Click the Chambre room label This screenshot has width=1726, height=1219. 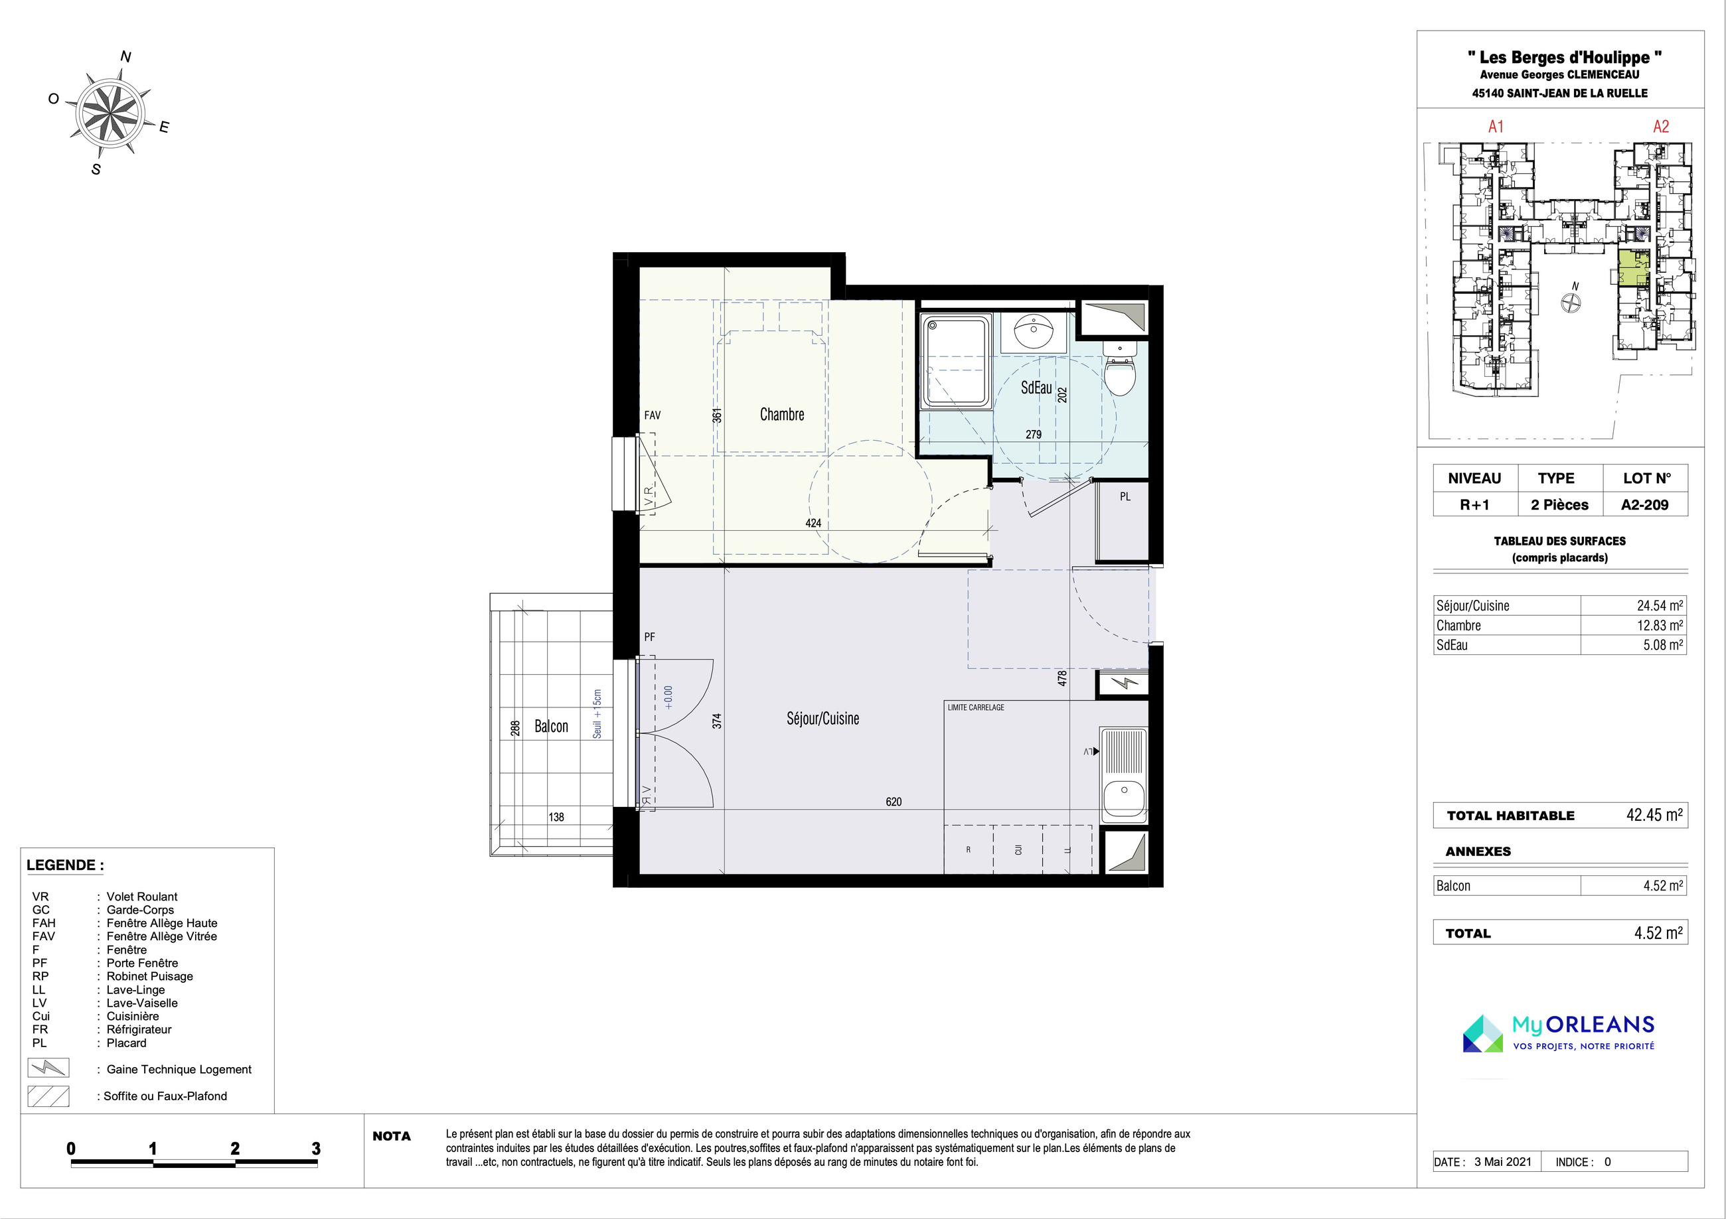pos(782,414)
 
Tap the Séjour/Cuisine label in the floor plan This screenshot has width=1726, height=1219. pos(823,719)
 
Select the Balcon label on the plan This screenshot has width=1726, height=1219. pos(551,726)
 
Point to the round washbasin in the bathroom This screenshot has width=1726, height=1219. pos(1033,330)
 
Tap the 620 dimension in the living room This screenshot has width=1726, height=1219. pos(893,802)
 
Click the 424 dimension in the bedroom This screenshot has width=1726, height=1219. pos(813,523)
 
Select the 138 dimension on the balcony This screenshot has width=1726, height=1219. pos(556,817)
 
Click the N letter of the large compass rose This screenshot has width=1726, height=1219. pos(126,56)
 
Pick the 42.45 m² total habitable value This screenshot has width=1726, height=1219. pos(1654,815)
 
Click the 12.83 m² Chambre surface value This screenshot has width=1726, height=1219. pos(1660,625)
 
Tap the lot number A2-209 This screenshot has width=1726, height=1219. pos(1645,505)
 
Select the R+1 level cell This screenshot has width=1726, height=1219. pos(1474,505)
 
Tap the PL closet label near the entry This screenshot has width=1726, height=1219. pos(1125,497)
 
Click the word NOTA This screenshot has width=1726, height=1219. pos(392,1136)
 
